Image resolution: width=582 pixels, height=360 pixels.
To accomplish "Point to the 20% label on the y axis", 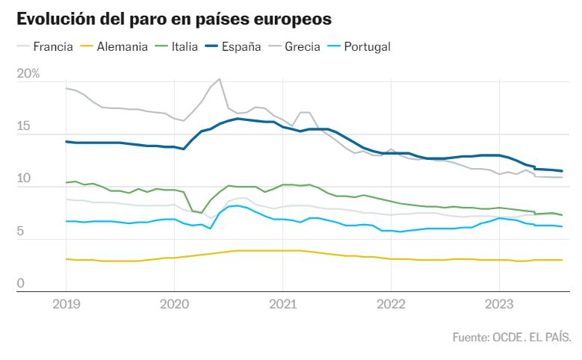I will pos(28,73).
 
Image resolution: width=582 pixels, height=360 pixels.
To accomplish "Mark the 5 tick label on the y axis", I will pos(21,232).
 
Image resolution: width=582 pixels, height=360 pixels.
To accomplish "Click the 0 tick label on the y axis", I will pos(21,284).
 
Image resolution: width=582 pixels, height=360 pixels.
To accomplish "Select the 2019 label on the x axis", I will pos(66,304).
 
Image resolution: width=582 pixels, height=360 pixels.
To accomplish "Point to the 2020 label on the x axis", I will pos(174,304).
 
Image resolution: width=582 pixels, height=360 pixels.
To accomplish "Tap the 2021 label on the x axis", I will pos(282,304).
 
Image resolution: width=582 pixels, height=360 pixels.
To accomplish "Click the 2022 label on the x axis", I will pos(391,304).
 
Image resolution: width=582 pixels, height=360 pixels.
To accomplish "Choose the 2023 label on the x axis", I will pos(498,304).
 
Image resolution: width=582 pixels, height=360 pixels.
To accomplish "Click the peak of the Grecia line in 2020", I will pos(219,79).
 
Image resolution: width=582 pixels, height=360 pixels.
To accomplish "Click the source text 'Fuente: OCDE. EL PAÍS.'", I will pos(512,338).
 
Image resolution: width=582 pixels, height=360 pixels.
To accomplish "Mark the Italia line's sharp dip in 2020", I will pos(200,213).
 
